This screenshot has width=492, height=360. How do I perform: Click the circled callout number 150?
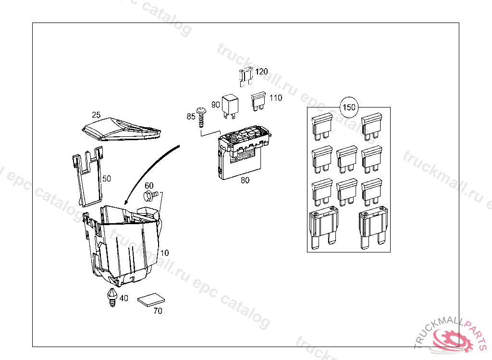click(x=349, y=107)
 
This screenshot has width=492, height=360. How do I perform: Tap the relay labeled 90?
click(x=230, y=106)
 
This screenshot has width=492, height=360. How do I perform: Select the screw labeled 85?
click(x=201, y=117)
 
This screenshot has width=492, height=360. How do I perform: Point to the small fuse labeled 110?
click(x=258, y=101)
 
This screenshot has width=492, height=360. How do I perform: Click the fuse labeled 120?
click(x=246, y=77)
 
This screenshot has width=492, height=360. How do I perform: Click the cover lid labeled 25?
click(x=122, y=129)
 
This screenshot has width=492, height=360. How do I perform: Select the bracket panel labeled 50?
click(x=87, y=177)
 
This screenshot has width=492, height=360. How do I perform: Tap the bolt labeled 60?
click(x=151, y=196)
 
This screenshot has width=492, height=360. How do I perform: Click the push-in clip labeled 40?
click(x=112, y=297)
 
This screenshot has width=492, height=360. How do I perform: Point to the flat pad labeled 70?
click(x=151, y=300)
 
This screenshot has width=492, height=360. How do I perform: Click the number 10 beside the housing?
click(x=164, y=253)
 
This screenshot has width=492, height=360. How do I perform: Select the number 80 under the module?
click(x=245, y=180)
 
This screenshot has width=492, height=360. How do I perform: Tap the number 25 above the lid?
click(x=96, y=114)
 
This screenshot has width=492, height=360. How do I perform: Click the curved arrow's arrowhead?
click(x=126, y=202)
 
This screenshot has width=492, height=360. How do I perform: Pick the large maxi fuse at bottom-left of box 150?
click(x=323, y=228)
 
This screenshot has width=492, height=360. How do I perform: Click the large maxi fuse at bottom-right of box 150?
click(x=373, y=228)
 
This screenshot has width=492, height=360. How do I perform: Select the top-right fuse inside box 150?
click(x=371, y=127)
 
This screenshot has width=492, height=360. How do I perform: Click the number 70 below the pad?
click(x=158, y=311)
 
